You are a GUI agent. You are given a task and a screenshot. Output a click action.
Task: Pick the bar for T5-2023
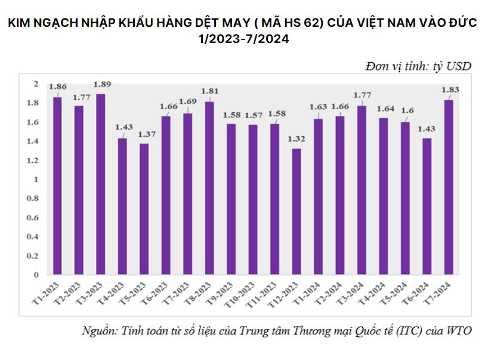click(x=144, y=209)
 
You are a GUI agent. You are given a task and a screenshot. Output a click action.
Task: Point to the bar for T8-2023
click(x=209, y=188)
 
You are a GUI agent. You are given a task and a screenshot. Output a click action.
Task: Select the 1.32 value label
click(x=297, y=139)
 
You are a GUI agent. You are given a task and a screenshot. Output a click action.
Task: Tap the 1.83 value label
click(x=449, y=90)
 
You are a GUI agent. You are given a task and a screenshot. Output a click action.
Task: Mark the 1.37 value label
click(x=144, y=134)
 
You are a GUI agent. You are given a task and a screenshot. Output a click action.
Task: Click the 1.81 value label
click(x=209, y=91)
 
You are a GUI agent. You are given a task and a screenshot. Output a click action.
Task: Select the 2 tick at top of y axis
click(x=36, y=83)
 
